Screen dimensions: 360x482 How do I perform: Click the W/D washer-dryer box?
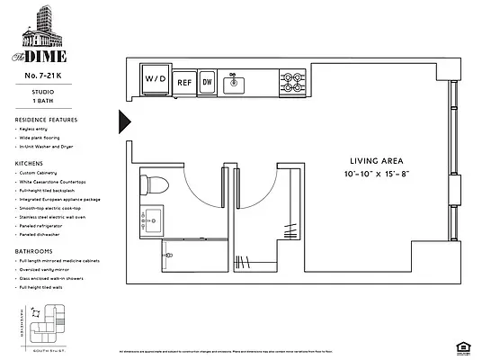155,79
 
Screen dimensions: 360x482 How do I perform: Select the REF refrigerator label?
184,82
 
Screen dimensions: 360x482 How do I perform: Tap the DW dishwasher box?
207,82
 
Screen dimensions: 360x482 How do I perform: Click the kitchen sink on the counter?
236,83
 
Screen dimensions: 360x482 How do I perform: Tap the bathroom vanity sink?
150,218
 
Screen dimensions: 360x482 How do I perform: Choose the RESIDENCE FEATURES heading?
46,120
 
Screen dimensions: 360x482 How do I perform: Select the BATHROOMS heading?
34,250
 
